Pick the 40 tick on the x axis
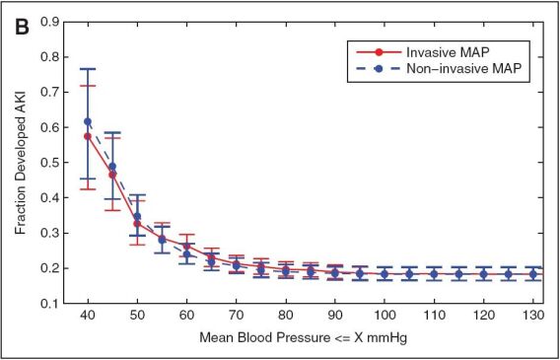88,317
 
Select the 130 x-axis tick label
533,317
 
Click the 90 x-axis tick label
335,317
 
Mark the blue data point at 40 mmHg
88,121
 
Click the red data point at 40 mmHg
88,136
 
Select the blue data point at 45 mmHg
112,167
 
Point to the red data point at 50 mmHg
137,224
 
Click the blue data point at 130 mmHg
533,274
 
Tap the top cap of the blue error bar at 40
88,69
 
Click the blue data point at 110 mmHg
435,274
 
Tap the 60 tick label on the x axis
186,317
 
